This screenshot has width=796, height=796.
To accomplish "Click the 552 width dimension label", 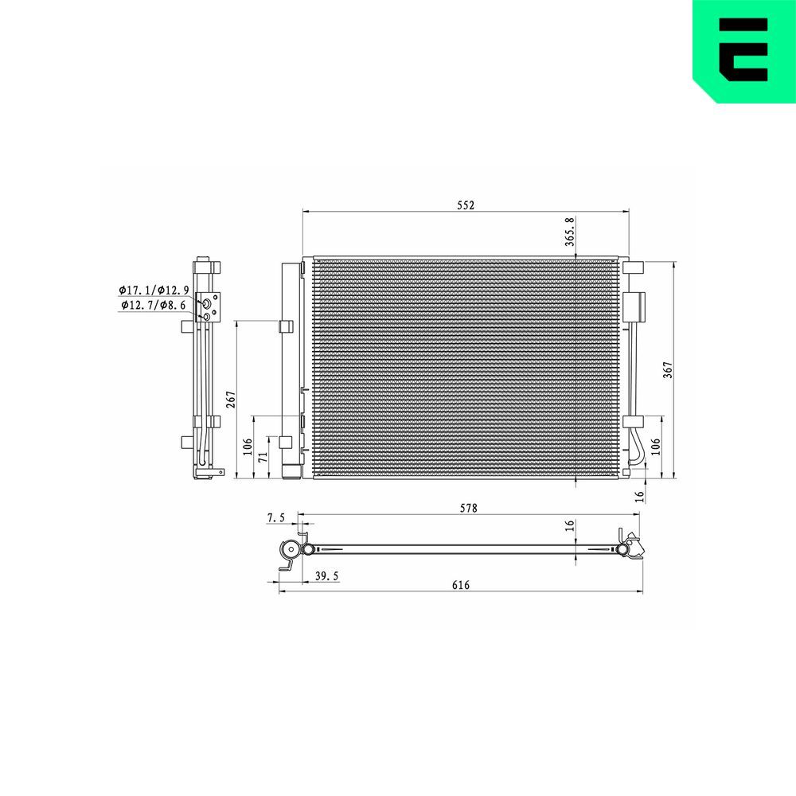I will (x=466, y=205).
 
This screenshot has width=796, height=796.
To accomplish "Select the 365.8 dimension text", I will (x=569, y=232).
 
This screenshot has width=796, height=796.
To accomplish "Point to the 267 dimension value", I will (x=231, y=400).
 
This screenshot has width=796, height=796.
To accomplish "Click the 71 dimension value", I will (x=263, y=458).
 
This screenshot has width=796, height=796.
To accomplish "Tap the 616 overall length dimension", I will (x=461, y=585).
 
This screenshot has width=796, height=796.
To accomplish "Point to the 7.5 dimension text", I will (x=275, y=518).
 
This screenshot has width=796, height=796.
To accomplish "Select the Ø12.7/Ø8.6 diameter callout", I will (x=153, y=304).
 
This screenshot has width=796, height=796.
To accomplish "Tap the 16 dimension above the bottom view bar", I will (x=569, y=526).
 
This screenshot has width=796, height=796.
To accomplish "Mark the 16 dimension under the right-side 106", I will (x=638, y=496).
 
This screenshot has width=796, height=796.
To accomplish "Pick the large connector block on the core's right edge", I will (x=635, y=306).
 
